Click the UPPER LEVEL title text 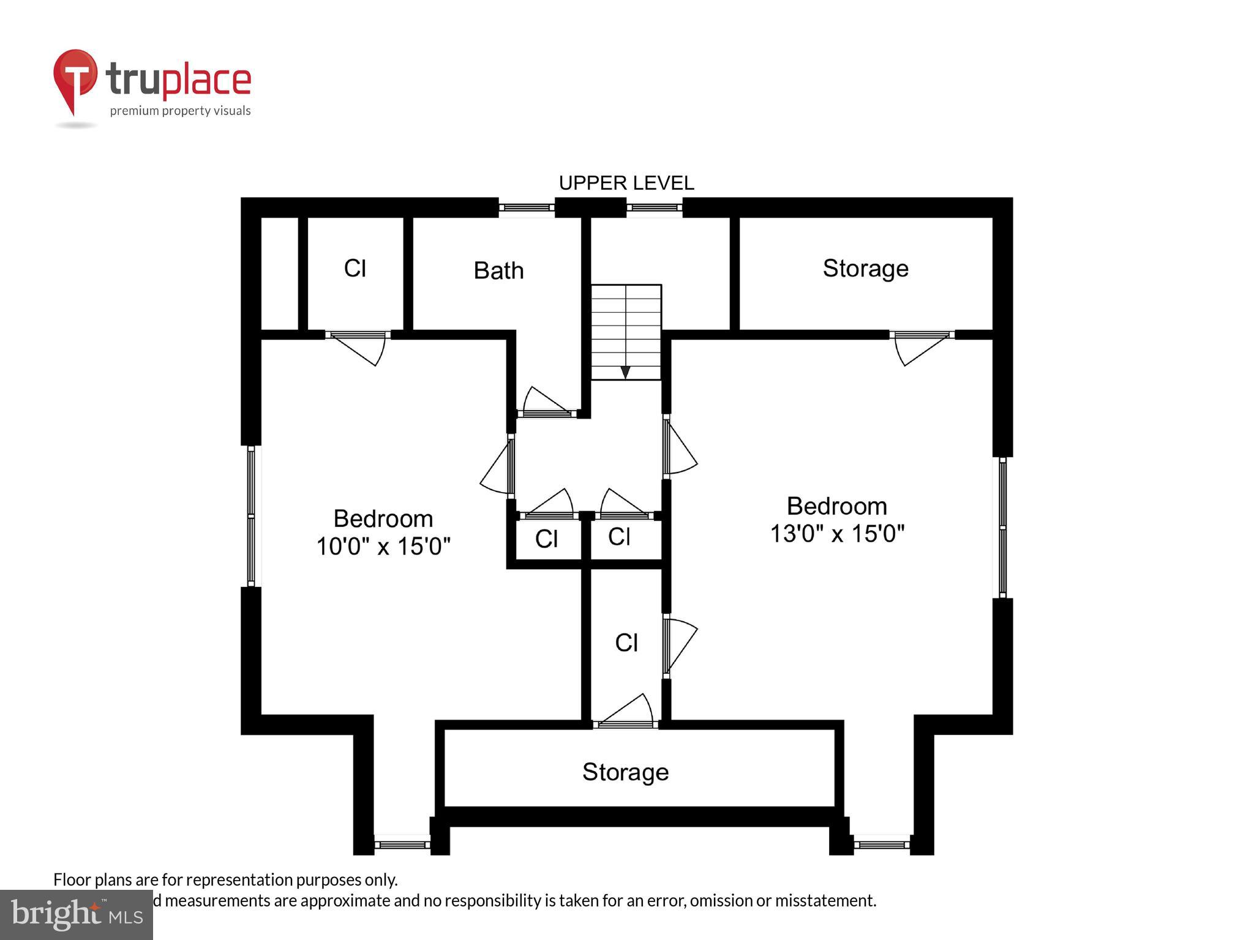click(x=626, y=183)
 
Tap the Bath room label click(x=498, y=270)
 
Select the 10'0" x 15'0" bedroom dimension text click(x=383, y=546)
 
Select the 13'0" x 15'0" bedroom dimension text click(x=836, y=534)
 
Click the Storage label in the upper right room click(x=865, y=269)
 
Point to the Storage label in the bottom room click(x=625, y=772)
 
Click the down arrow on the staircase click(x=625, y=372)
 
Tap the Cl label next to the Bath click(x=355, y=269)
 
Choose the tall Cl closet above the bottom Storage click(x=626, y=643)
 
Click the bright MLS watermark click(x=77, y=914)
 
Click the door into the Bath click(x=547, y=404)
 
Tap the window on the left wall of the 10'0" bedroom click(x=251, y=516)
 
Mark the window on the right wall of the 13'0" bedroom click(x=1002, y=527)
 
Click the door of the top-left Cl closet click(x=358, y=346)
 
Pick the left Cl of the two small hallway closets click(x=546, y=539)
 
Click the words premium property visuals click(x=180, y=111)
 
